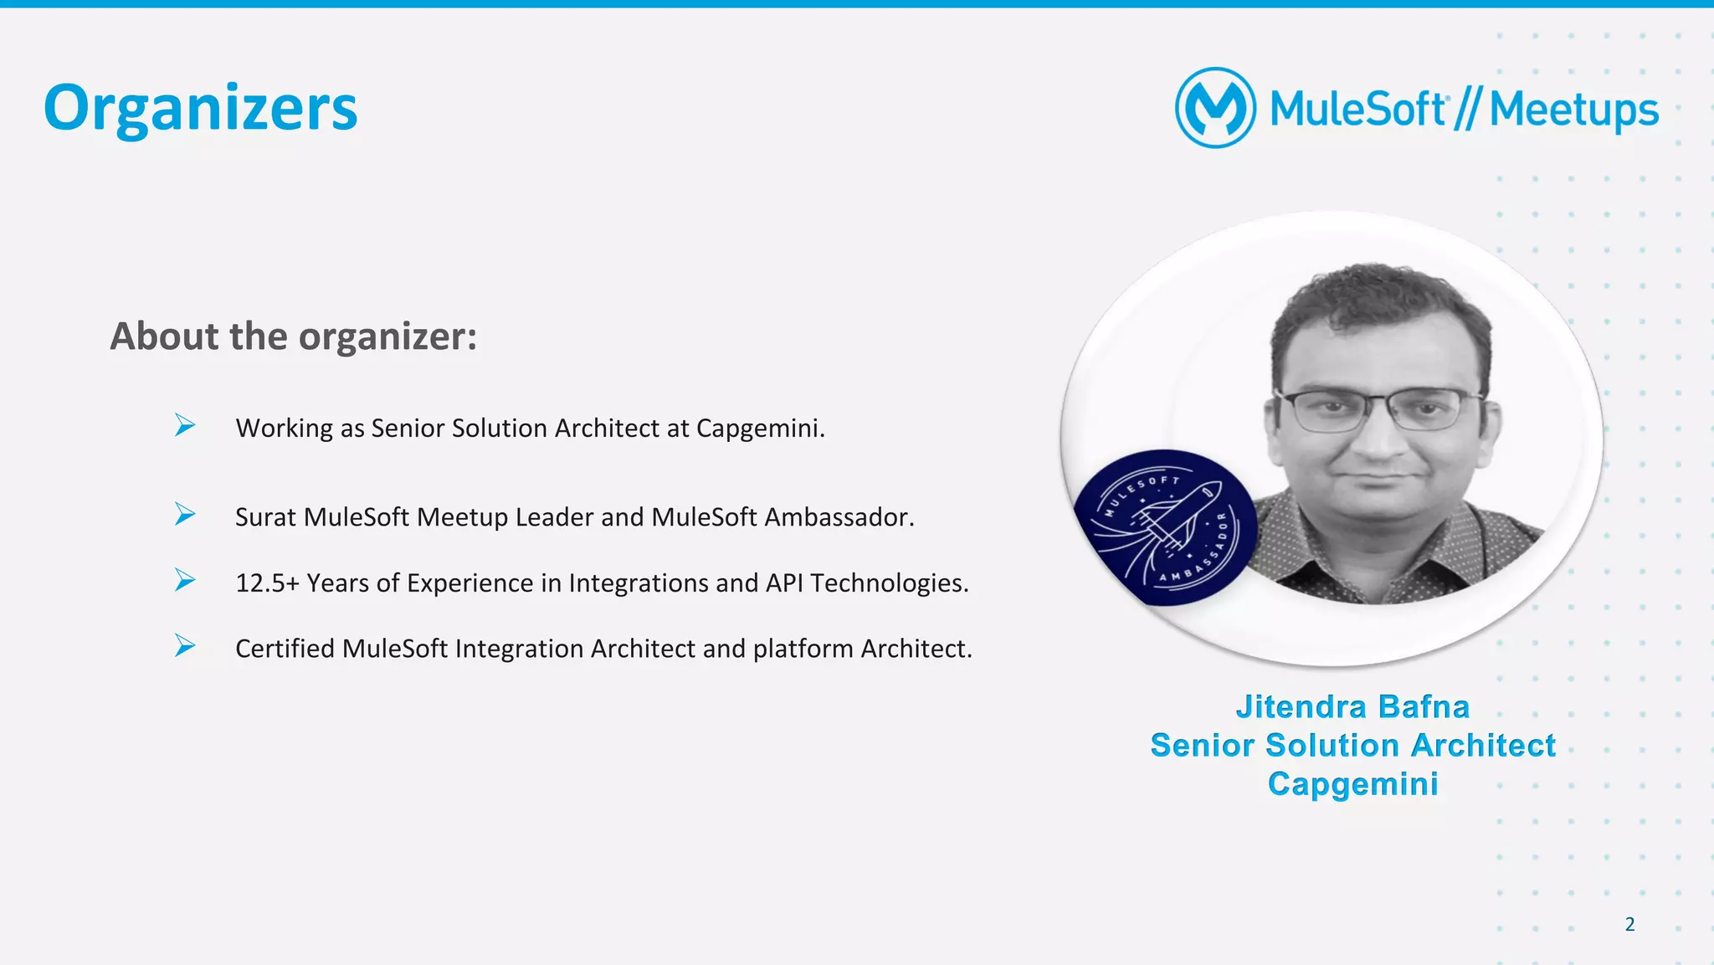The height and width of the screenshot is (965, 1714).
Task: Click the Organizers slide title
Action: (x=200, y=109)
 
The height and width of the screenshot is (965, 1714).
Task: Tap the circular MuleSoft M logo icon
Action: (x=1215, y=108)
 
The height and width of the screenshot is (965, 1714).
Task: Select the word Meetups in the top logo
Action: (x=1573, y=110)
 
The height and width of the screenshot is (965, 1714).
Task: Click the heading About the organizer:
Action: (x=294, y=336)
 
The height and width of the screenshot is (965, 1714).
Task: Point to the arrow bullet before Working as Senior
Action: (x=185, y=425)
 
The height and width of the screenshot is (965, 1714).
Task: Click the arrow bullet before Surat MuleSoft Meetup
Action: (x=185, y=514)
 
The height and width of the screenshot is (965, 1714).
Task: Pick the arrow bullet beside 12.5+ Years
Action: (x=185, y=580)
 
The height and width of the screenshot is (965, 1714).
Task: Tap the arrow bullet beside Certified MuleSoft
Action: (x=185, y=645)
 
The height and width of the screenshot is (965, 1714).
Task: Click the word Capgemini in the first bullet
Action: (x=760, y=429)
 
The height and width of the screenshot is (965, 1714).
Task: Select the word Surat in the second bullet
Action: (x=265, y=517)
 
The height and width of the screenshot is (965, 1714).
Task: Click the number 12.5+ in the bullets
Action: (x=267, y=583)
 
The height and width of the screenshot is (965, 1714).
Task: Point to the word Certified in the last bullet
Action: (x=285, y=649)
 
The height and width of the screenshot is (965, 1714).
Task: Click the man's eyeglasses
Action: (x=1377, y=409)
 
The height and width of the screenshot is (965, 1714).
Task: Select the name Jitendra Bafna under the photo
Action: (x=1352, y=707)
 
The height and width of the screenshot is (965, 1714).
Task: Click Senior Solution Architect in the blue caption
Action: (x=1352, y=746)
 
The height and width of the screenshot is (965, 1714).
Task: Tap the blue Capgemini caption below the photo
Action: (x=1352, y=784)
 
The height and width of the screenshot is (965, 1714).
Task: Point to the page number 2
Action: (x=1629, y=924)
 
